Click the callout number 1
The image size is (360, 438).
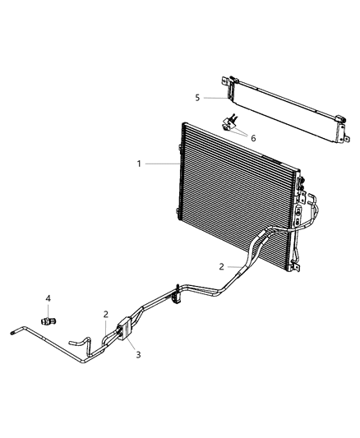point(141,164)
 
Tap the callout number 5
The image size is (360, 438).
point(197,98)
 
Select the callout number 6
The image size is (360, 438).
point(253,138)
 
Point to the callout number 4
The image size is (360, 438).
point(48,297)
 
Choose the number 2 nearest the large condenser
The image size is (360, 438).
point(221,266)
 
